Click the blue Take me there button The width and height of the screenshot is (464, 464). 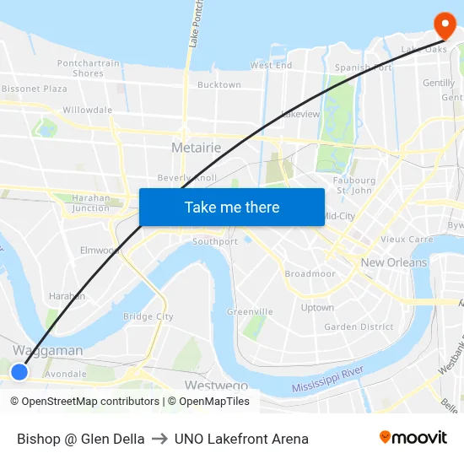pyautogui.click(x=232, y=207)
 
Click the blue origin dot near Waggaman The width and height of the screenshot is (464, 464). pyautogui.click(x=19, y=371)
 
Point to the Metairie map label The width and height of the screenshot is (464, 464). pyautogui.click(x=196, y=148)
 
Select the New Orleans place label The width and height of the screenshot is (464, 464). pyautogui.click(x=394, y=262)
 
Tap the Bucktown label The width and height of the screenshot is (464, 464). pyautogui.click(x=219, y=85)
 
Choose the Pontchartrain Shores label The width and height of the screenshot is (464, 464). pyautogui.click(x=89, y=68)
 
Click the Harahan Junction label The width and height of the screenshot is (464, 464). pyautogui.click(x=91, y=203)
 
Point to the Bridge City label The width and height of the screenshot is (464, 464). pyautogui.click(x=148, y=316)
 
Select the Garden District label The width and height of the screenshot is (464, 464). pyautogui.click(x=359, y=326)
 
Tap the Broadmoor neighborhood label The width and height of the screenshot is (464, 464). pyautogui.click(x=310, y=274)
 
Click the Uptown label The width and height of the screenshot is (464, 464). pyautogui.click(x=317, y=308)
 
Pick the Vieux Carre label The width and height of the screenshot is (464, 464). pyautogui.click(x=407, y=240)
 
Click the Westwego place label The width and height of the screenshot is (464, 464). pyautogui.click(x=215, y=386)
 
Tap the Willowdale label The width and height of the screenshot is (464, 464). pyautogui.click(x=87, y=110)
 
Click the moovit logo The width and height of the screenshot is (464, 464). pyautogui.click(x=413, y=437)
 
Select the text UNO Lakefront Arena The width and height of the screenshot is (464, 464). pyautogui.click(x=241, y=439)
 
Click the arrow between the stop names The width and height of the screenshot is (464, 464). pyautogui.click(x=159, y=439)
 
